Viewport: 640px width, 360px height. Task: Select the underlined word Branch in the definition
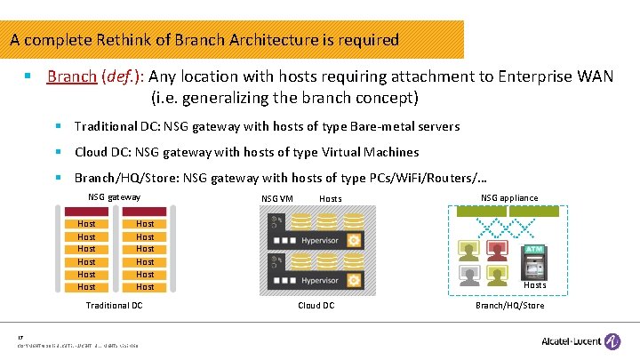(71, 76)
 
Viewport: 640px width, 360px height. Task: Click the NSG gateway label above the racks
(114, 196)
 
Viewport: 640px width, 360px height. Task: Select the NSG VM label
(277, 198)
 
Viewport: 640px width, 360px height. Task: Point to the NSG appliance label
(509, 197)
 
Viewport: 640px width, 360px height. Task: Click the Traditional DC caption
(114, 305)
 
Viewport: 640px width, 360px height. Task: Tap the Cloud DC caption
(316, 305)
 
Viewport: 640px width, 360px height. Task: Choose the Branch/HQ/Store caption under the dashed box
(509, 305)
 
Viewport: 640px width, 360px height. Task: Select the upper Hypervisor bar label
(320, 240)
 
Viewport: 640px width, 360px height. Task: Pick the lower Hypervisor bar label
(320, 280)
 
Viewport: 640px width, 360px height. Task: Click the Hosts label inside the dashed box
(534, 285)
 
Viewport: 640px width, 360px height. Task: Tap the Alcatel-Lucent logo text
(570, 340)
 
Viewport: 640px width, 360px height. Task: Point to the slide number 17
(20, 337)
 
